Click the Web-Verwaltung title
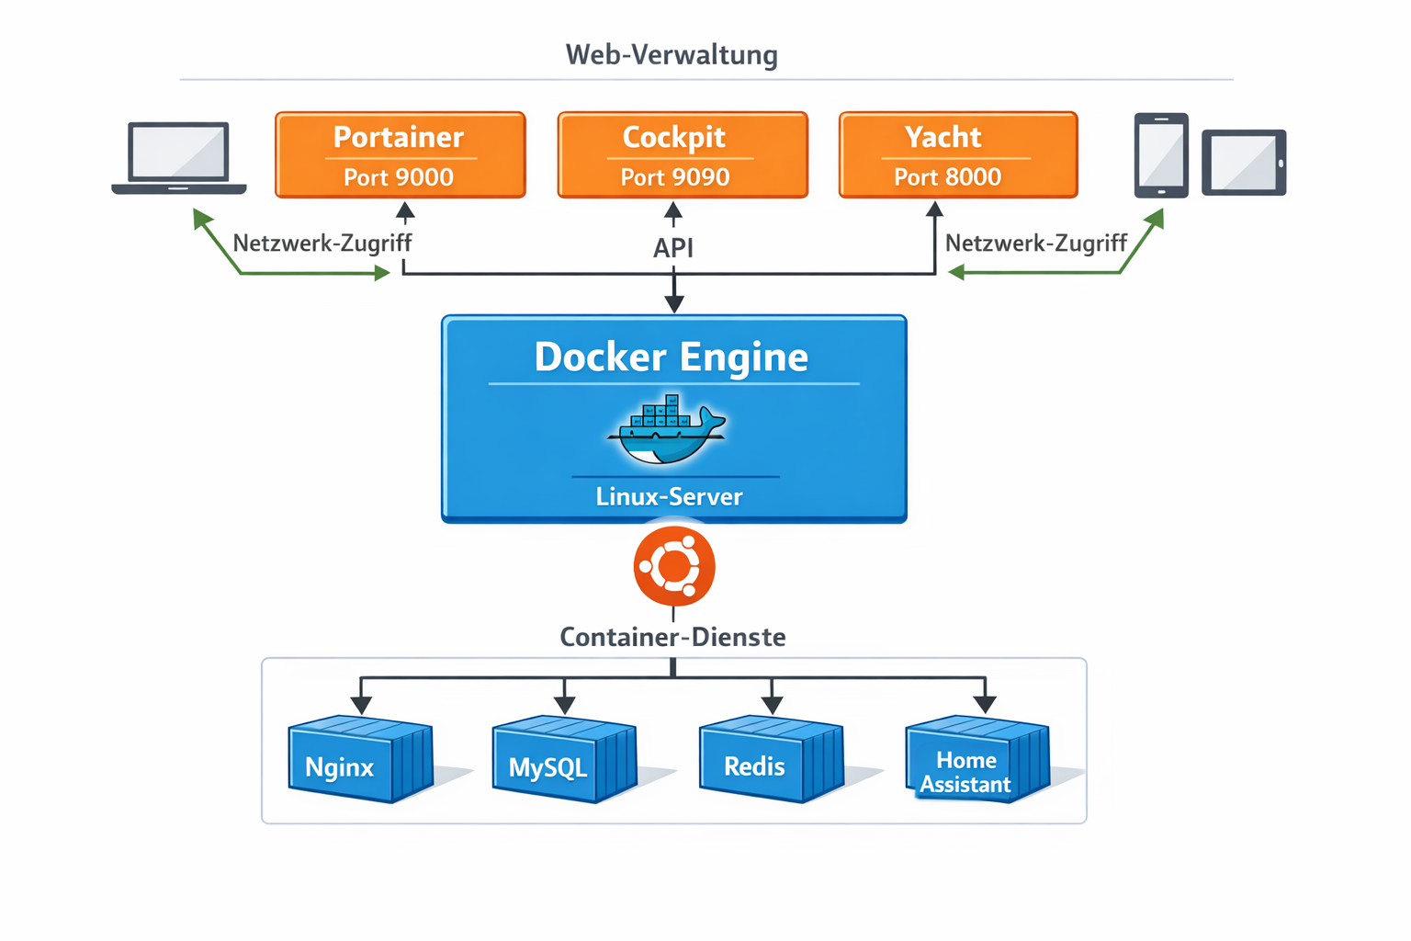(x=672, y=55)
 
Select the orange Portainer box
(x=401, y=154)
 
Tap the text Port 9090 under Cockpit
(x=675, y=177)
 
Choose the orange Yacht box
(x=958, y=154)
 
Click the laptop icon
(x=179, y=158)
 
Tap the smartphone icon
(x=1160, y=154)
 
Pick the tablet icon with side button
(x=1244, y=163)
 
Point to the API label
(x=673, y=248)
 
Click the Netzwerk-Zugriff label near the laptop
(x=322, y=244)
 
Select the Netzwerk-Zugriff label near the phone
(x=1035, y=244)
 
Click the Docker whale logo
(x=668, y=430)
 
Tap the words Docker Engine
(x=672, y=357)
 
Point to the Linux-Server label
(x=669, y=497)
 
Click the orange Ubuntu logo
(x=674, y=566)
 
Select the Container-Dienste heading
(x=672, y=637)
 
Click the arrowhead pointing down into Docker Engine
(x=674, y=304)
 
